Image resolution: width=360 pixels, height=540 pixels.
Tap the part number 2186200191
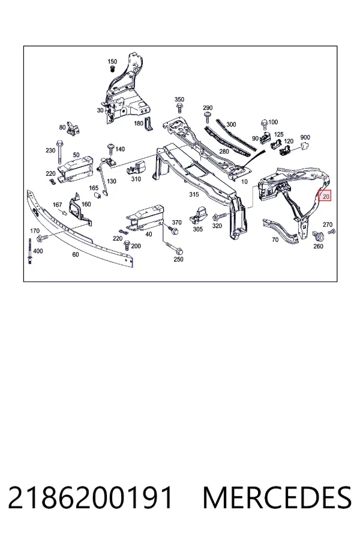(x=90, y=497)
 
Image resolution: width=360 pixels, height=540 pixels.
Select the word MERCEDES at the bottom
(x=278, y=497)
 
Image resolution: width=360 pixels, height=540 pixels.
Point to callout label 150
(x=112, y=62)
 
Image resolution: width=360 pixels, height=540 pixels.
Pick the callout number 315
(x=194, y=194)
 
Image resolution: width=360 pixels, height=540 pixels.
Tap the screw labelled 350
(x=179, y=108)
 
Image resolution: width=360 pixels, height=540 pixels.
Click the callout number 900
(x=305, y=137)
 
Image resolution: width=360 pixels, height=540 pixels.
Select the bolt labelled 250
(x=174, y=247)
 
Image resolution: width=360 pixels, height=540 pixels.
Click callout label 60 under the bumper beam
(x=76, y=254)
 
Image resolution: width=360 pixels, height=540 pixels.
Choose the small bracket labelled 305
(x=199, y=214)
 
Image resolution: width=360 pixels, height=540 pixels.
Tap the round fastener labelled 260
(x=318, y=236)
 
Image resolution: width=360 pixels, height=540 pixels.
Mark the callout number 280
(x=224, y=152)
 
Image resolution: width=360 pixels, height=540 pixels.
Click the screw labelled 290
(x=208, y=117)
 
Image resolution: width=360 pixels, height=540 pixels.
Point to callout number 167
(x=57, y=205)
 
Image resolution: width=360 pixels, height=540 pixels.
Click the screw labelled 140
(x=111, y=150)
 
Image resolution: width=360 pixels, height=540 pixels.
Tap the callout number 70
(x=275, y=239)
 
